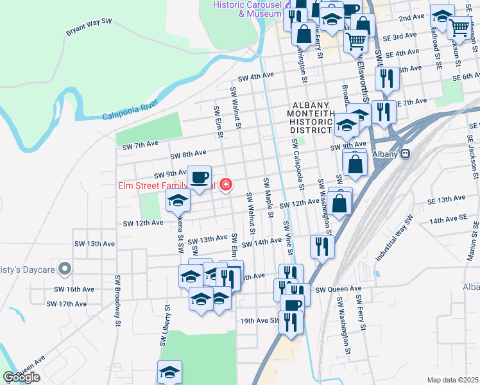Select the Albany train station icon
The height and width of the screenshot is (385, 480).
(x=406, y=154)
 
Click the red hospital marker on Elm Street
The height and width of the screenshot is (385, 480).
(x=225, y=185)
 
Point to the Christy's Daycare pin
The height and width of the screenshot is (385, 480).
(x=64, y=268)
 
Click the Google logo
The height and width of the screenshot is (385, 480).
(x=21, y=377)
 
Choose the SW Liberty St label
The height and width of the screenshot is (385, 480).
(x=160, y=334)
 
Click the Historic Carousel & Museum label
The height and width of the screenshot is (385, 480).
(x=248, y=8)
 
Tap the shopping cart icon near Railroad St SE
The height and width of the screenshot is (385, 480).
(x=459, y=28)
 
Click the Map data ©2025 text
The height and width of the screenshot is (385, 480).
(x=452, y=380)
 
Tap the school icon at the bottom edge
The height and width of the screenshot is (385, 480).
(x=169, y=372)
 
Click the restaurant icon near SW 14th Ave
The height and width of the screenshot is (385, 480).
(x=322, y=245)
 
